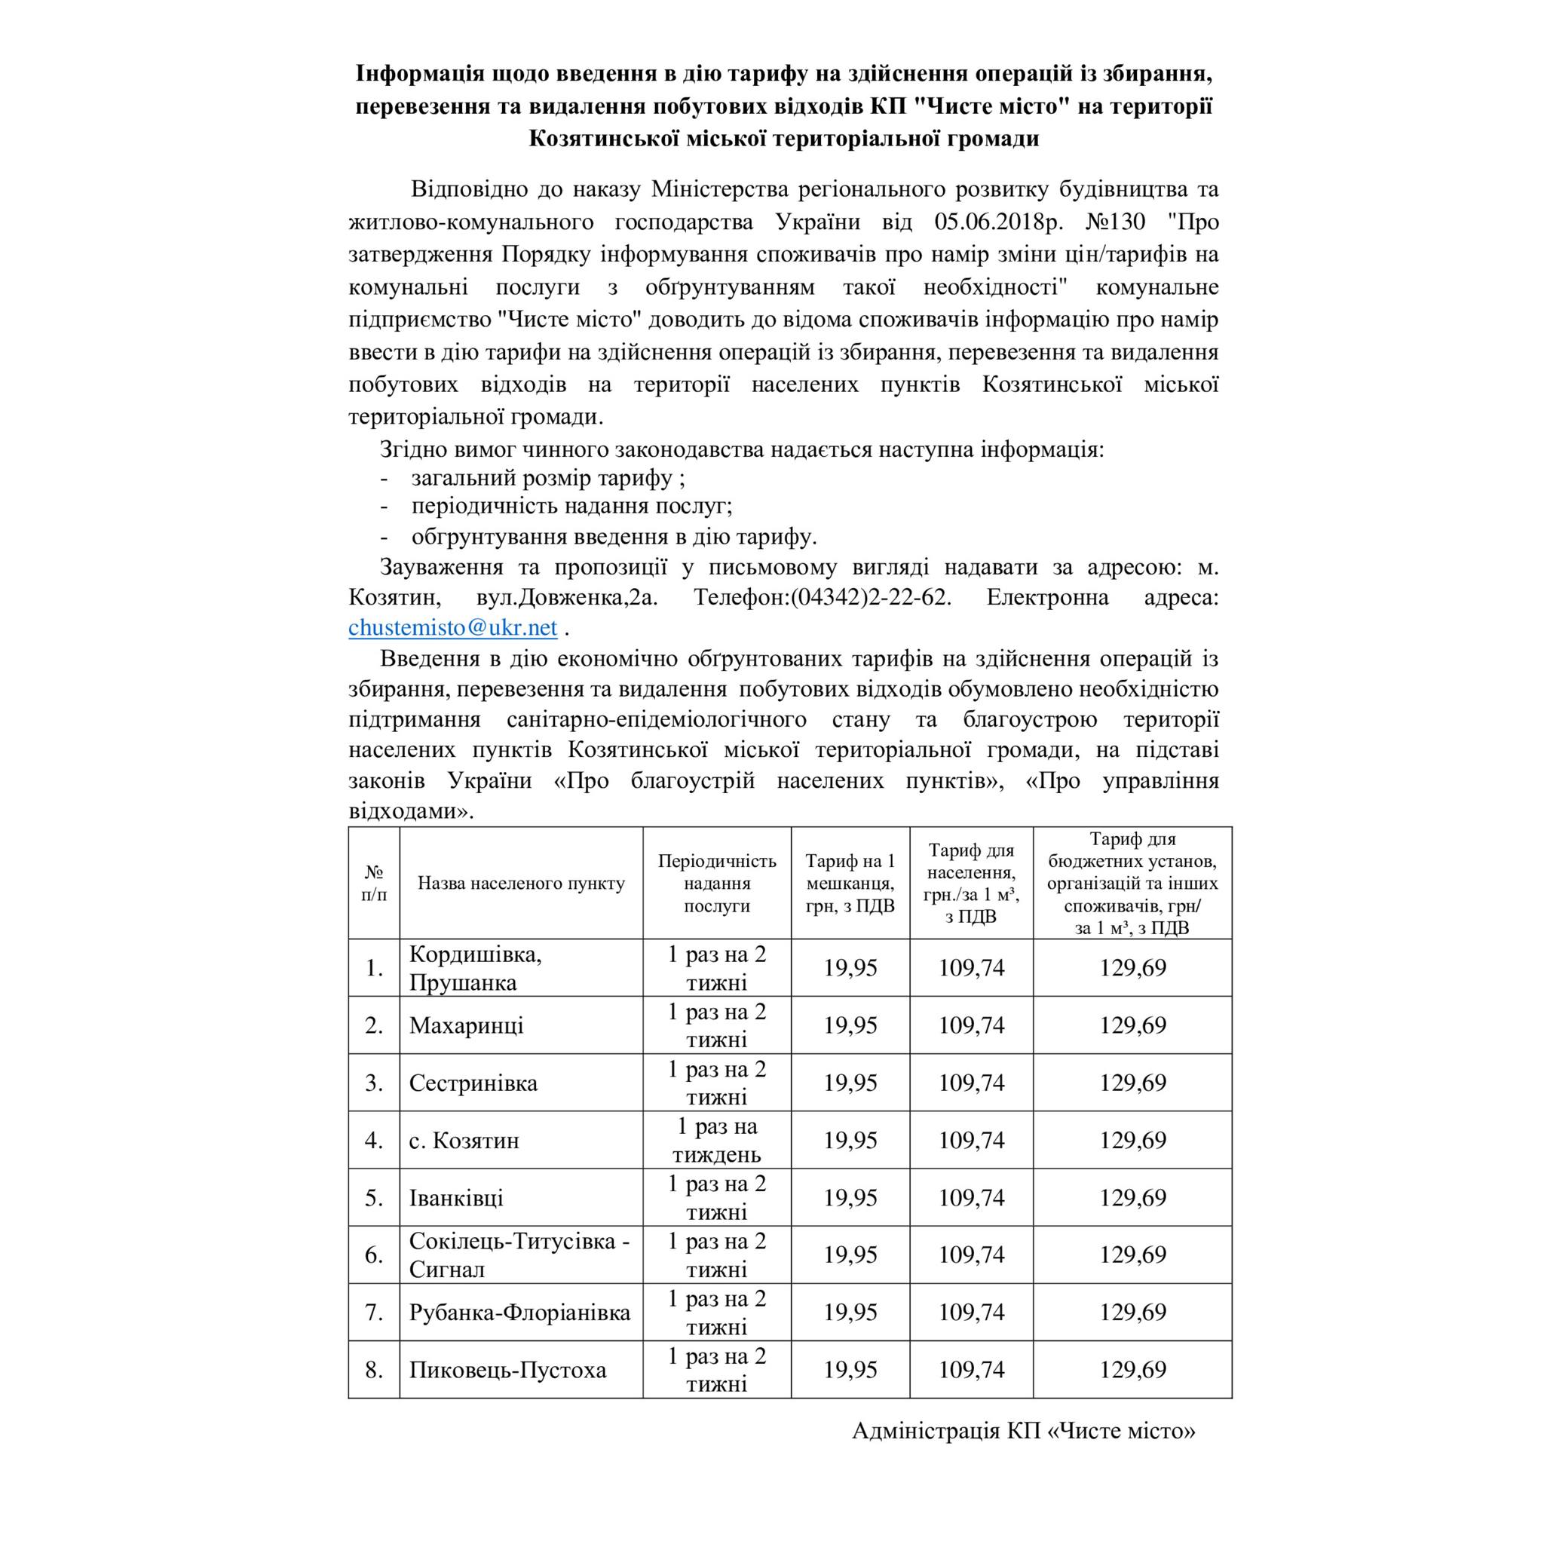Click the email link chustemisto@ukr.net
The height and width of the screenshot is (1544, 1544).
452,628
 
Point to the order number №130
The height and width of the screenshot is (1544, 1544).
1117,222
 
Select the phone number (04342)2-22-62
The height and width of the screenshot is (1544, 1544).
871,598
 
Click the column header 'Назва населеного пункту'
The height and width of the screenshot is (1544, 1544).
521,884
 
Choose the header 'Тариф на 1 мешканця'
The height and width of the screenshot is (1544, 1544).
850,884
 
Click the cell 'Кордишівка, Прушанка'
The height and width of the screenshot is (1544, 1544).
476,968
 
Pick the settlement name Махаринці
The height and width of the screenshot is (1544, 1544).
467,1025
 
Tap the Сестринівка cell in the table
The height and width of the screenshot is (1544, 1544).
473,1083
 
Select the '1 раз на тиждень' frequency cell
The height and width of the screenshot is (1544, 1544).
717,1141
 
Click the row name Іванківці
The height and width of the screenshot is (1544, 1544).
456,1198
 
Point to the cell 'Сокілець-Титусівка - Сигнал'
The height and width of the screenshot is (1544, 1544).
519,1255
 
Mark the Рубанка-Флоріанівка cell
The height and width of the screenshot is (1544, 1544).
519,1313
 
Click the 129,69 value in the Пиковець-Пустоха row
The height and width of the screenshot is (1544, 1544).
1132,1370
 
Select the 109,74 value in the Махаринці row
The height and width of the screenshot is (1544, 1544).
971,1025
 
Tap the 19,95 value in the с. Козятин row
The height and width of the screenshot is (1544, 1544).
850,1141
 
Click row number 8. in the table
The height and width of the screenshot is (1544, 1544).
374,1370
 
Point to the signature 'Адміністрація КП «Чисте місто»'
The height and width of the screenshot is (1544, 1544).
1024,1430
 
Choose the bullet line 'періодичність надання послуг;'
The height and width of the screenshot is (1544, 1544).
572,507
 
